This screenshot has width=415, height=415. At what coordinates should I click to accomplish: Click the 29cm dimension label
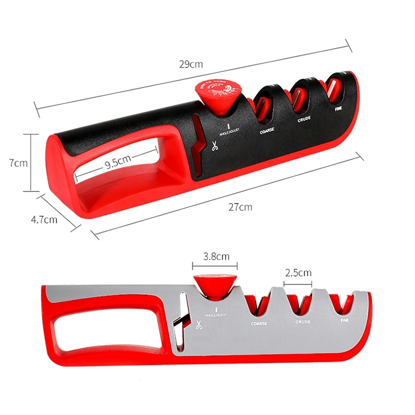point(190,64)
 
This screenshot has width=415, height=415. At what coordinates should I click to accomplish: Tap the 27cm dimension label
point(240,207)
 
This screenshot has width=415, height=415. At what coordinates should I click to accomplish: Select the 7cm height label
point(18,163)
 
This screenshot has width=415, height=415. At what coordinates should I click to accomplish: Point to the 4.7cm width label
point(44,219)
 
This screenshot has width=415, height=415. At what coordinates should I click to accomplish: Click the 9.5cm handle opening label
point(117,164)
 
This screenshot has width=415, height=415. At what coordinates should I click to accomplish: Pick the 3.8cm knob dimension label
point(216,256)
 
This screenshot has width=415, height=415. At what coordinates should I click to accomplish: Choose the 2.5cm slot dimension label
point(298,272)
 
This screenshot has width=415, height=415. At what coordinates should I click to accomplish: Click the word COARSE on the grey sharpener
point(259,324)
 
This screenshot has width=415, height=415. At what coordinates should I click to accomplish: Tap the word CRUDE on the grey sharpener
point(303,322)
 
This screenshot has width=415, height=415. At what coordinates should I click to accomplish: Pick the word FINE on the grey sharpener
point(344,320)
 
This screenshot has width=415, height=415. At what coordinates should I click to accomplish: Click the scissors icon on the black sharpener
point(214,147)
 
